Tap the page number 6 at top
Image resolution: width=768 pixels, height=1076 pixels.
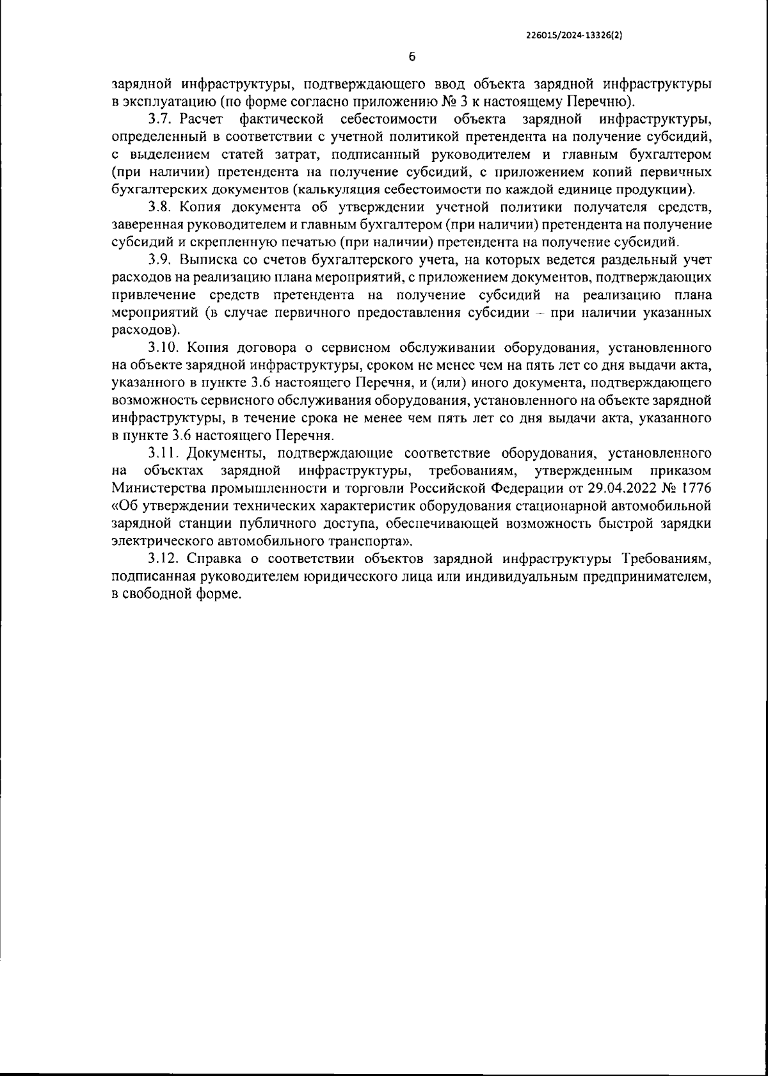412,57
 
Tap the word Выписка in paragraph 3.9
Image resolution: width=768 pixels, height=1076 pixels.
203,260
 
